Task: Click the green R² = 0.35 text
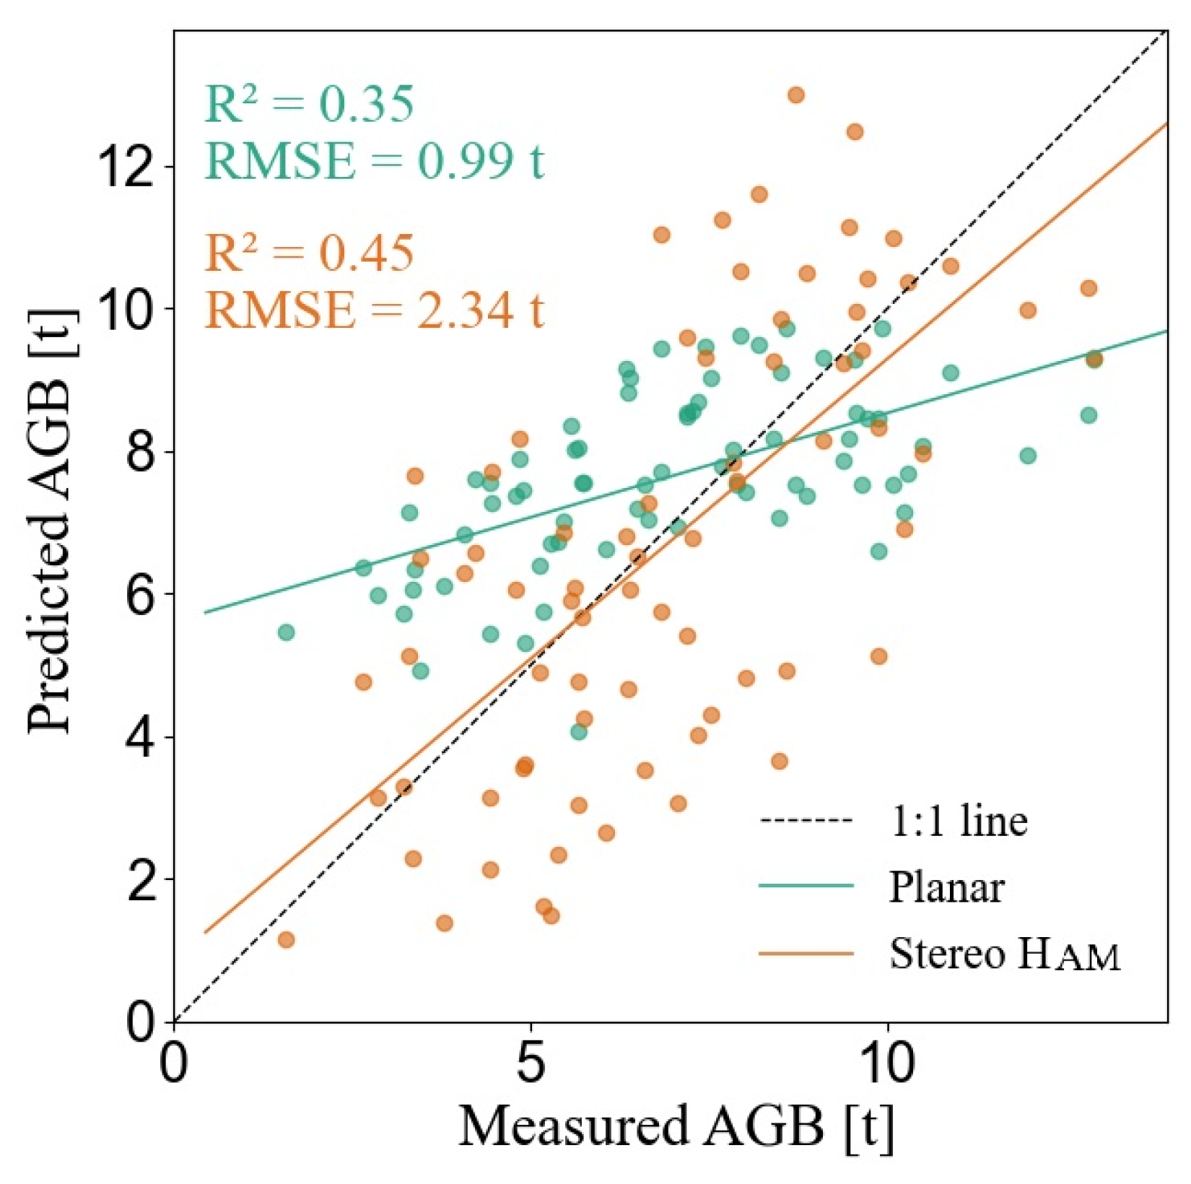pyautogui.click(x=309, y=105)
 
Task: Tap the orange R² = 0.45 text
pyautogui.click(x=309, y=253)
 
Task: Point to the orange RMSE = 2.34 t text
pyautogui.click(x=374, y=310)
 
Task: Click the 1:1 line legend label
pyautogui.click(x=958, y=821)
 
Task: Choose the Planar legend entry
pyautogui.click(x=946, y=887)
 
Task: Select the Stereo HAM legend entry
pyautogui.click(x=1004, y=954)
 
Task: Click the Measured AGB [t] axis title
pyautogui.click(x=676, y=1127)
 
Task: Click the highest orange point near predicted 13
pyautogui.click(x=796, y=95)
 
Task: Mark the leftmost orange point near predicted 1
pyautogui.click(x=286, y=939)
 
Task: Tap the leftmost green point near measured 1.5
pyautogui.click(x=286, y=632)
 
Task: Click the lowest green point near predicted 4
pyautogui.click(x=579, y=731)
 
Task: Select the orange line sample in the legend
pyautogui.click(x=806, y=954)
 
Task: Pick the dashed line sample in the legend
pyautogui.click(x=806, y=821)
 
